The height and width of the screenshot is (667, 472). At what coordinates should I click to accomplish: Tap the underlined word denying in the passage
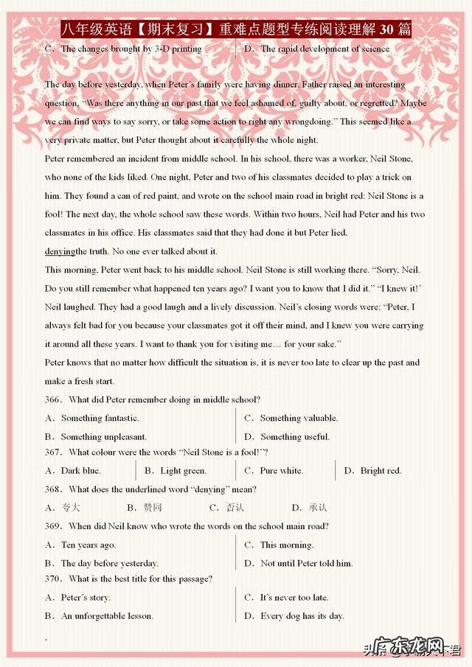pyautogui.click(x=60, y=251)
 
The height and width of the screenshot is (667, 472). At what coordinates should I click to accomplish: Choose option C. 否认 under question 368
pyautogui.click(x=226, y=507)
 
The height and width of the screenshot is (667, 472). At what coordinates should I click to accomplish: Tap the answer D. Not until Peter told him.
pyautogui.click(x=298, y=563)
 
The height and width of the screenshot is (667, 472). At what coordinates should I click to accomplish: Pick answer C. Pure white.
pyautogui.click(x=274, y=470)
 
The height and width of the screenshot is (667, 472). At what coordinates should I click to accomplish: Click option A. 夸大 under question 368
pyautogui.click(x=63, y=507)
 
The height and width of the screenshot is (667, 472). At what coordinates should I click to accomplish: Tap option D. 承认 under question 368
pyautogui.click(x=309, y=507)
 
